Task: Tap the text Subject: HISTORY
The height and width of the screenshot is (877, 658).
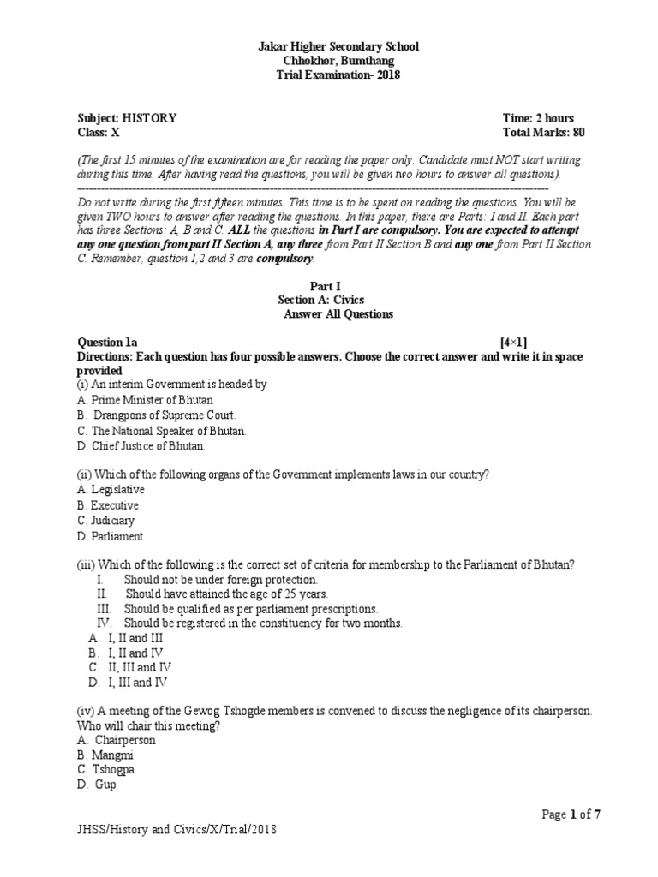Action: tap(128, 118)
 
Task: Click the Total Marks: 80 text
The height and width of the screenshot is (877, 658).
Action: tap(544, 133)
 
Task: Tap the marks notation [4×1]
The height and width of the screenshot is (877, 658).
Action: tap(520, 342)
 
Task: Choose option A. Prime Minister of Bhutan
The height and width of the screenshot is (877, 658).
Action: tap(145, 400)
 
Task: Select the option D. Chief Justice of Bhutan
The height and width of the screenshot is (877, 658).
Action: tap(141, 446)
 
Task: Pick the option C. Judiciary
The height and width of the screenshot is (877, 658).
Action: tap(105, 521)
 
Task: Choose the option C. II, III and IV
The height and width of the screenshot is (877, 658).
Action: tap(129, 666)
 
